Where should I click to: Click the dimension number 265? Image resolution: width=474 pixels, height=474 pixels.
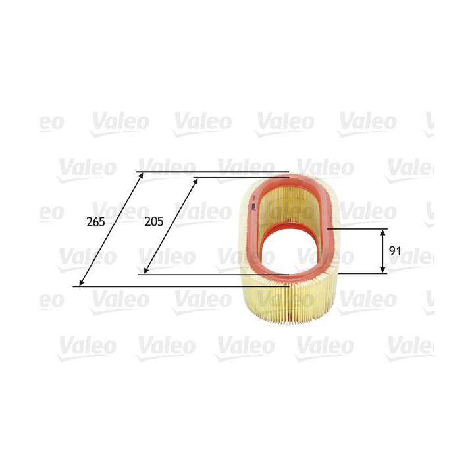click(x=95, y=222)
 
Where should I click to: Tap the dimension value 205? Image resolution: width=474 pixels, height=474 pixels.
click(x=153, y=222)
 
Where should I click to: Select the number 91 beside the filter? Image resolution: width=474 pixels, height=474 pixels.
click(x=395, y=251)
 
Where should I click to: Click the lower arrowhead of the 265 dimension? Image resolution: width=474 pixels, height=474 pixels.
click(x=80, y=284)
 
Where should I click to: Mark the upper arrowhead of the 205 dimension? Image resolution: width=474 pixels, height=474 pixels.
click(x=197, y=179)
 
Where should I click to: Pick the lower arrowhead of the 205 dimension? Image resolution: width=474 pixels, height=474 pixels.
click(x=145, y=271)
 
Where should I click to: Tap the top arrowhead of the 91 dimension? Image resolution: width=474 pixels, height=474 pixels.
click(x=383, y=232)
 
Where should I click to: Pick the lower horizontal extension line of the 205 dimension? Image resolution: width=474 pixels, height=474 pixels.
click(x=217, y=275)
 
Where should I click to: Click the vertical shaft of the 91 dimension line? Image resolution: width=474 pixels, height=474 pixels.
click(x=383, y=251)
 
